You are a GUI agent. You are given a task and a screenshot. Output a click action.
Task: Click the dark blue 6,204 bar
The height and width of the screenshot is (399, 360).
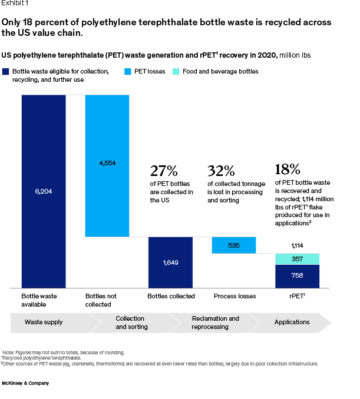click(x=44, y=191)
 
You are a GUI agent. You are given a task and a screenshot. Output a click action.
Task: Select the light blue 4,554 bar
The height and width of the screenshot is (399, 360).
click(x=107, y=165)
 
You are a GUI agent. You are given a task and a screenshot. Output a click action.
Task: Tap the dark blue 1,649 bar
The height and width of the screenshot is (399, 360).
click(x=170, y=262)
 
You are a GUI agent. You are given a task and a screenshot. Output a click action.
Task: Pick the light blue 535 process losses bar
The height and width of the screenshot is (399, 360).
click(x=233, y=245)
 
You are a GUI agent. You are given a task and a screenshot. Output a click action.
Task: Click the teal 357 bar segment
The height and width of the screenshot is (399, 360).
click(x=297, y=259)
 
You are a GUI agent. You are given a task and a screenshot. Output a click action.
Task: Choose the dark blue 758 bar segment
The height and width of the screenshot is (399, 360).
click(x=297, y=276)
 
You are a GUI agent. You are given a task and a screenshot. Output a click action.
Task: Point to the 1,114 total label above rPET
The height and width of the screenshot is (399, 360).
click(x=297, y=245)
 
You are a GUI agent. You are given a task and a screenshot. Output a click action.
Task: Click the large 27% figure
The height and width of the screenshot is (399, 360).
click(x=163, y=171)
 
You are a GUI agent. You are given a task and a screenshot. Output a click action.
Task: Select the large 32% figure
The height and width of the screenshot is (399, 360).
click(x=221, y=171)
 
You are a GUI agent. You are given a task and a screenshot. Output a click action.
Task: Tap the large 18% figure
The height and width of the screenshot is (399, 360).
click(x=288, y=169)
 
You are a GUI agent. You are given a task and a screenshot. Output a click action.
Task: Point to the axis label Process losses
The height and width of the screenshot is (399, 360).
click(x=235, y=296)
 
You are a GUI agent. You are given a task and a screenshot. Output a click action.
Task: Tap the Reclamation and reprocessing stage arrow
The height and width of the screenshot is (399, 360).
click(x=216, y=322)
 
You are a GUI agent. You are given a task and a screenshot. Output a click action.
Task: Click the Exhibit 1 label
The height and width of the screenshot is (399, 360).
click(x=15, y=4)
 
